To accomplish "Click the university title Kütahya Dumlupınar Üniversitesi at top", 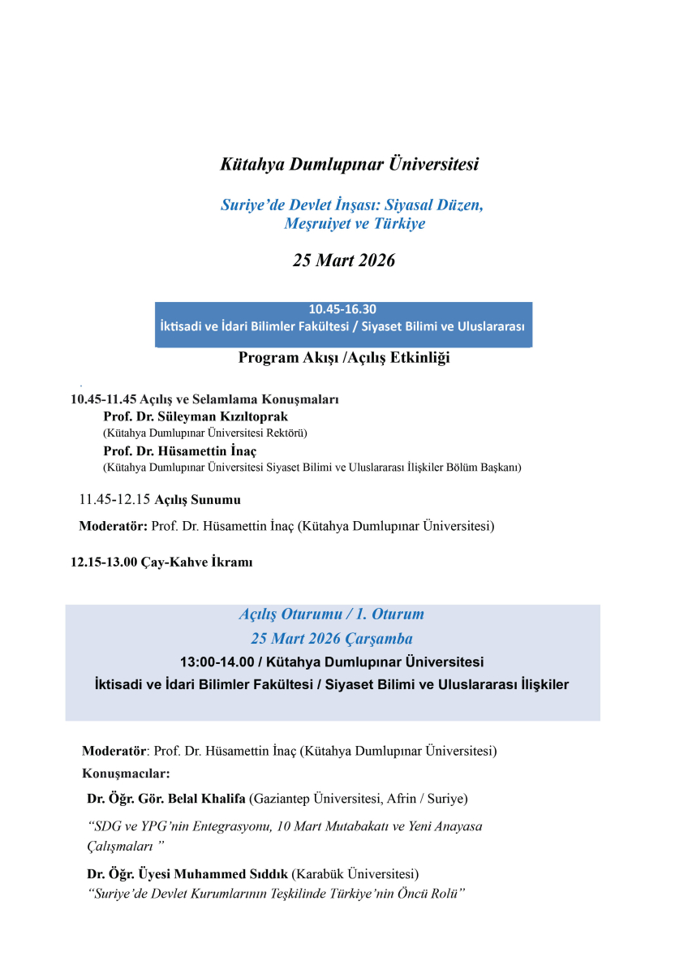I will (350, 164).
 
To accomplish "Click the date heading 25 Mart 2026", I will (343, 261).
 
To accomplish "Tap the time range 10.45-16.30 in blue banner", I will (342, 309).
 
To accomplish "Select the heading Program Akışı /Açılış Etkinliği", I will (344, 358).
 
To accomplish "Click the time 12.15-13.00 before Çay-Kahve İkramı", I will (104, 562).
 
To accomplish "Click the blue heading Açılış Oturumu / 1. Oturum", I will (331, 614).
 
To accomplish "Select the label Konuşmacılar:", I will (126, 774).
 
